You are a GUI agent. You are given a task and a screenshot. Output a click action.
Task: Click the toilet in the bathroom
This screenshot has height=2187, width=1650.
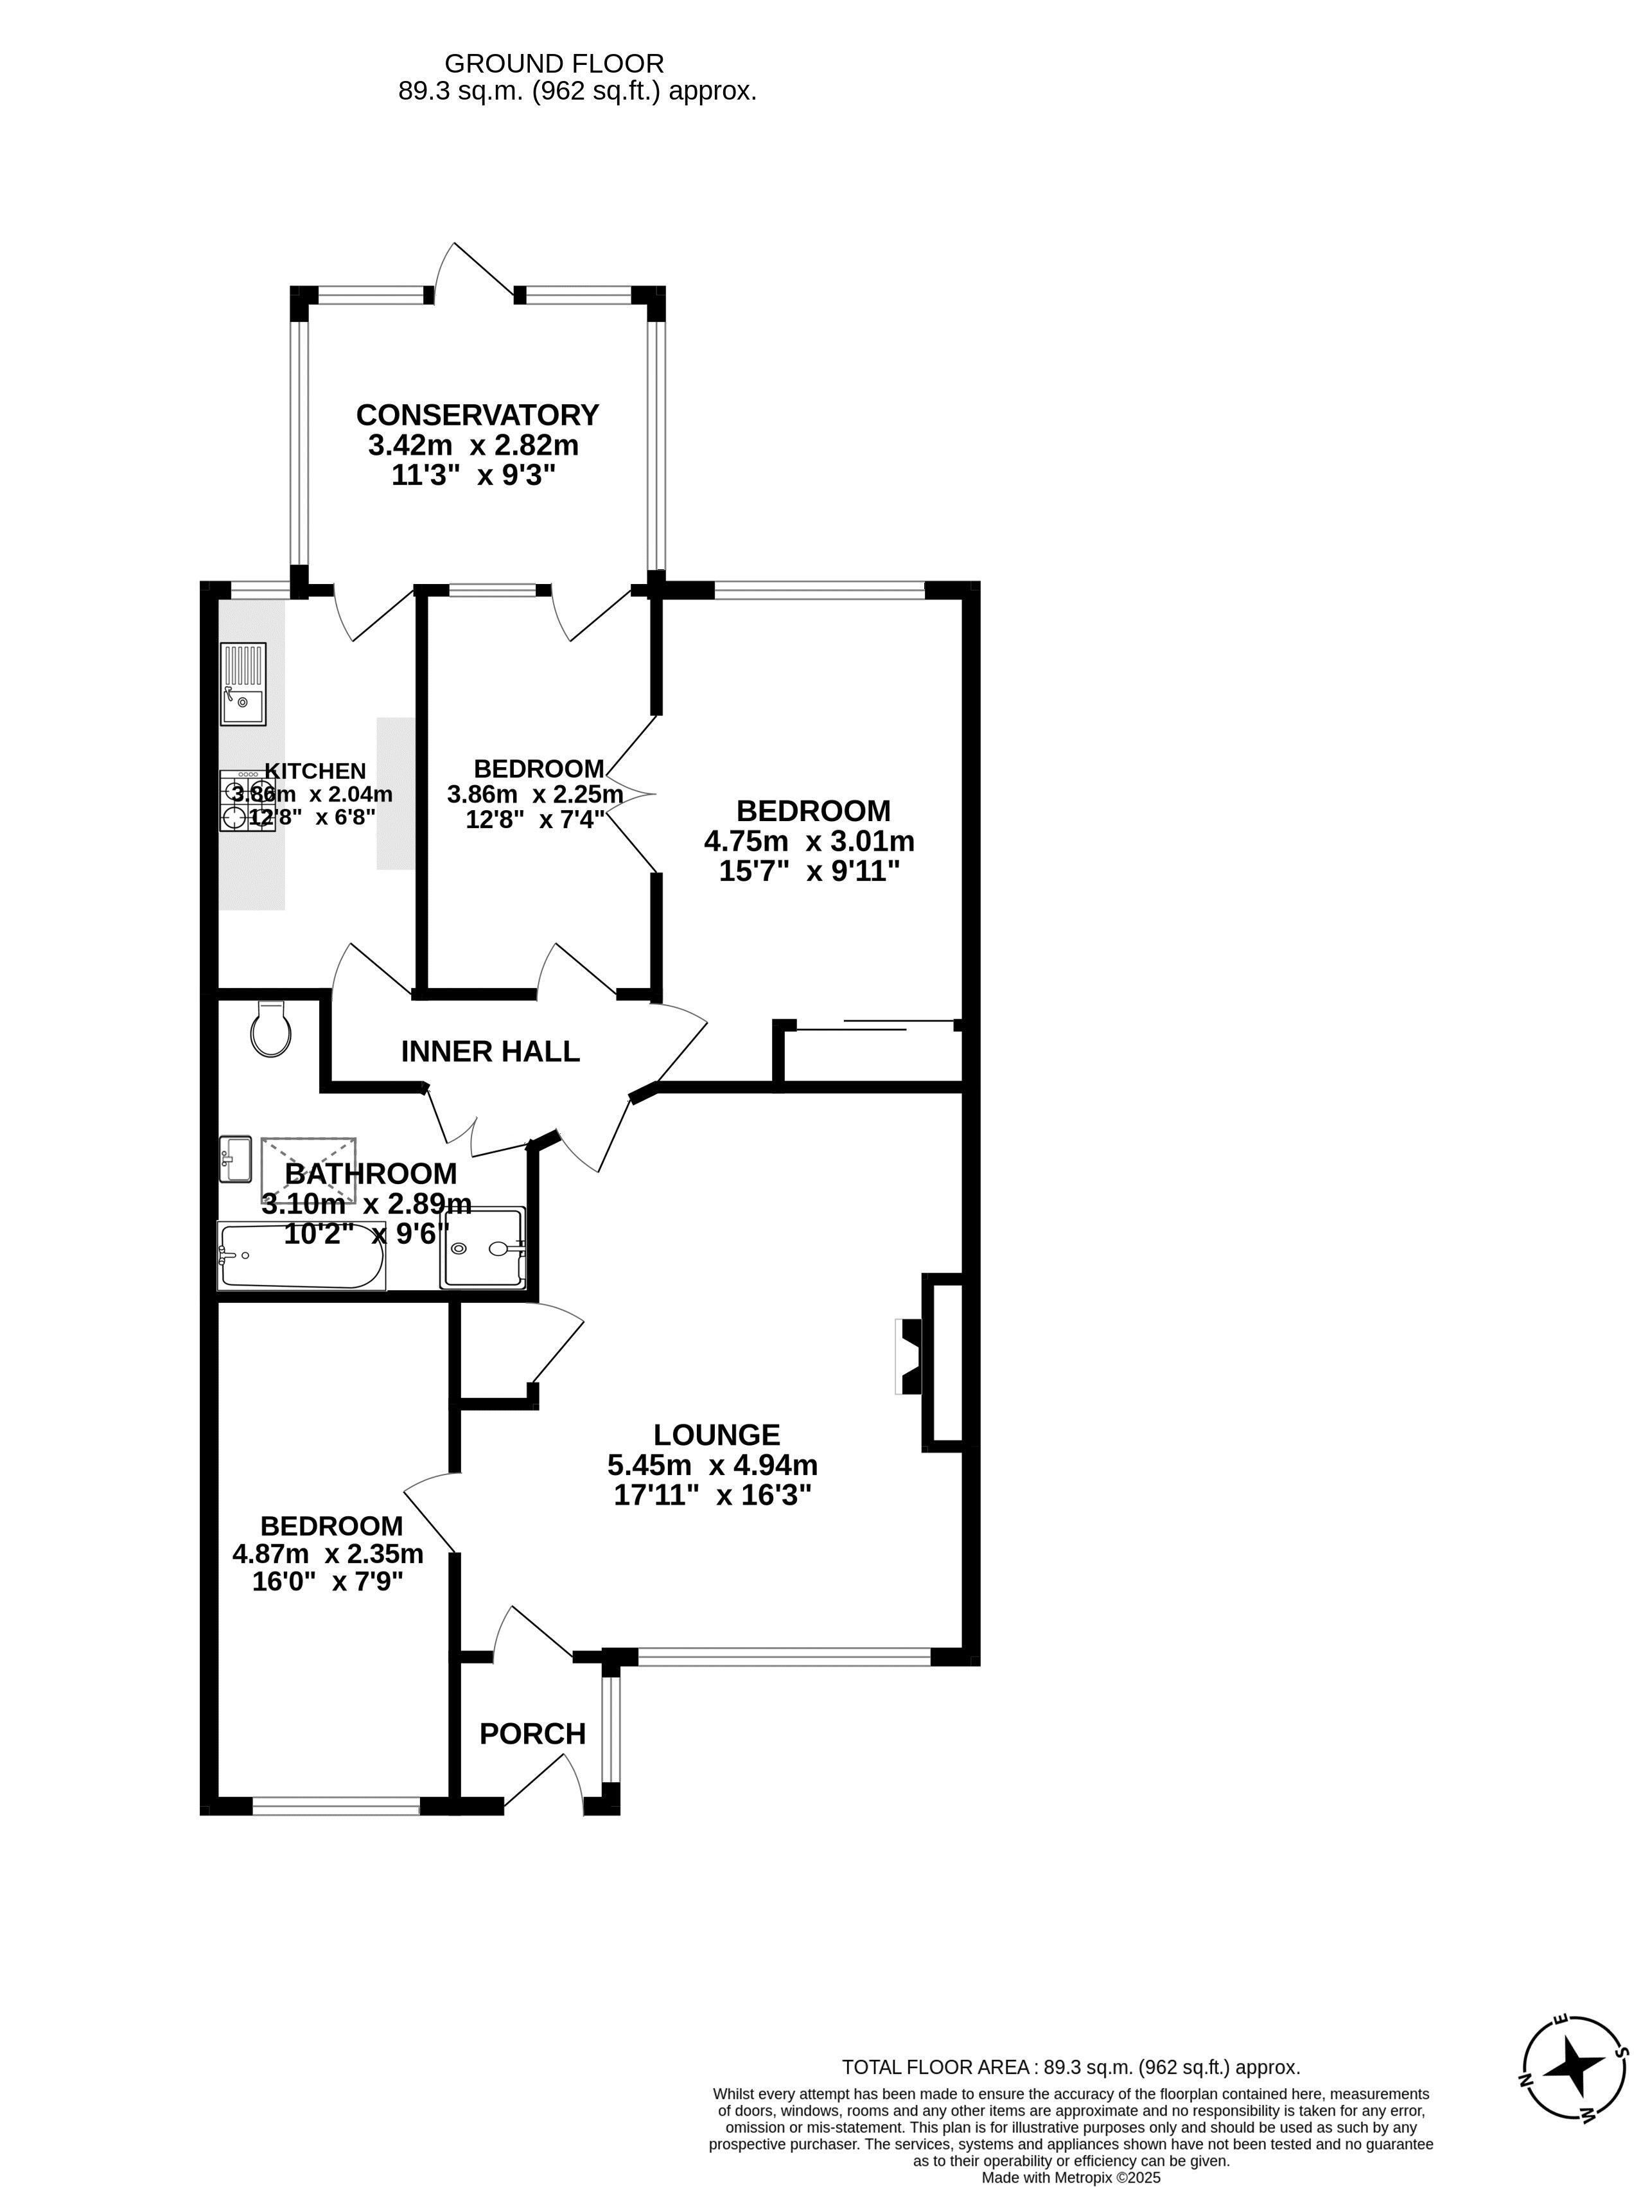coord(270,1028)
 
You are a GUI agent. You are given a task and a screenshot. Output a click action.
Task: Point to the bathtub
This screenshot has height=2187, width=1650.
coord(301,1255)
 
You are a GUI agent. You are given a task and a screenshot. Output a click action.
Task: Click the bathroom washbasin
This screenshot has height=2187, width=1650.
coord(235,1159)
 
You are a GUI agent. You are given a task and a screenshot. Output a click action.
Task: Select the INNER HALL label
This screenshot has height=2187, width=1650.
coord(490,1051)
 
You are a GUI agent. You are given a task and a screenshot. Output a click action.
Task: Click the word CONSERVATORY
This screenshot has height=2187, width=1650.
coord(477,414)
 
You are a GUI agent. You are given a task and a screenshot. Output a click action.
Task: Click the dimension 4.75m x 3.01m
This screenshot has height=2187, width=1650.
coord(809,842)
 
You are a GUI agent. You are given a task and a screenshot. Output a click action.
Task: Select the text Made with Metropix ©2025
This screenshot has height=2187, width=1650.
coord(1071,2178)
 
